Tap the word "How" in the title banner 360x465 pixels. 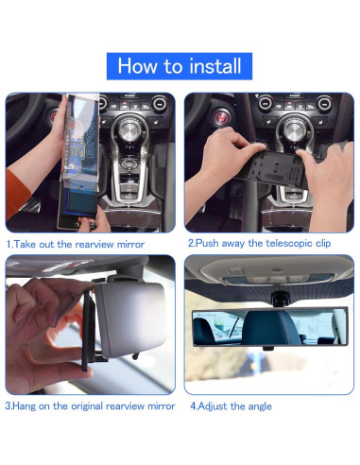[138, 66]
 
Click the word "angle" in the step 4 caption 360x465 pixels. [260, 406]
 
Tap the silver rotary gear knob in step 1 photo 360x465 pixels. [129, 131]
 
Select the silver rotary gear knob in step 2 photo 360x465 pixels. [293, 130]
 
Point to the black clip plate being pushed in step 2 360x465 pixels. [273, 167]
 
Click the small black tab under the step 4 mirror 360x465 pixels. [268, 349]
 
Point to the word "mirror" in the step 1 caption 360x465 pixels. [131, 245]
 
